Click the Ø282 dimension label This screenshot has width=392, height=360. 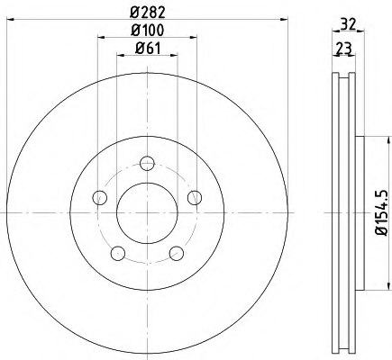pyautogui.click(x=148, y=13)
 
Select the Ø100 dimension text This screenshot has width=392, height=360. pyautogui.click(x=148, y=30)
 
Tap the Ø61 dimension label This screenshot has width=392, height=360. pyautogui.click(x=148, y=48)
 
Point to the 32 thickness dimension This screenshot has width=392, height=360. pyautogui.click(x=348, y=24)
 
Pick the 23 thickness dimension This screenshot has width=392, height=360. pyautogui.click(x=343, y=48)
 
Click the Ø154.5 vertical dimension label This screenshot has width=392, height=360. pyautogui.click(x=382, y=212)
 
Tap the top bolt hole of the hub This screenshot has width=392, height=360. pyautogui.click(x=147, y=164)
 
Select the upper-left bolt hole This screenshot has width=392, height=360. pyautogui.click(x=100, y=198)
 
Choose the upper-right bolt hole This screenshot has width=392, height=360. pyautogui.click(x=195, y=198)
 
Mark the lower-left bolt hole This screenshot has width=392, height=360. pyautogui.click(x=118, y=254)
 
